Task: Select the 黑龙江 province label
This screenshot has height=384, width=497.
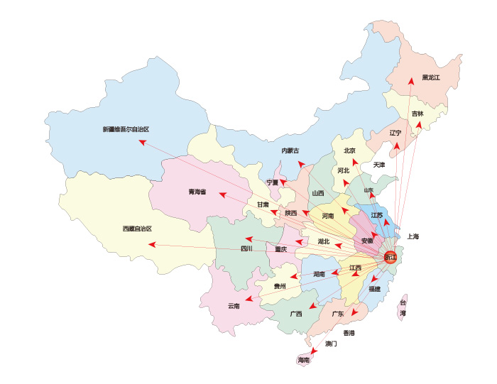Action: point(432,77)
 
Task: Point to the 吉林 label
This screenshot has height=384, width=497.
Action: point(417,114)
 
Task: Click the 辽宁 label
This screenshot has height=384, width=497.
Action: point(395,133)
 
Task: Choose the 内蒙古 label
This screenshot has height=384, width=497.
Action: point(290,150)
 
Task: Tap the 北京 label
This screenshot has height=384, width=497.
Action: point(349,150)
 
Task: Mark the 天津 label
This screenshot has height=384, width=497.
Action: point(378,165)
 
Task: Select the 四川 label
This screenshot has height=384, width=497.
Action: point(246,248)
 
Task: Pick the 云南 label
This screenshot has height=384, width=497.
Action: point(234,306)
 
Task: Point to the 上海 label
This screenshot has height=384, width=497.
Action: point(413,236)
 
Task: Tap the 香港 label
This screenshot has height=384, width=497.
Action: point(349,332)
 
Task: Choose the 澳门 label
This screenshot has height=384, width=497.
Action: point(331,344)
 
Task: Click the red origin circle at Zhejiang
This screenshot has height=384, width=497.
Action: point(390,257)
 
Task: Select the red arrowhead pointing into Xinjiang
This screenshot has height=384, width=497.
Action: point(142,142)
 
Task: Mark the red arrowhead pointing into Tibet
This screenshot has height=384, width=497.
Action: point(152,244)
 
